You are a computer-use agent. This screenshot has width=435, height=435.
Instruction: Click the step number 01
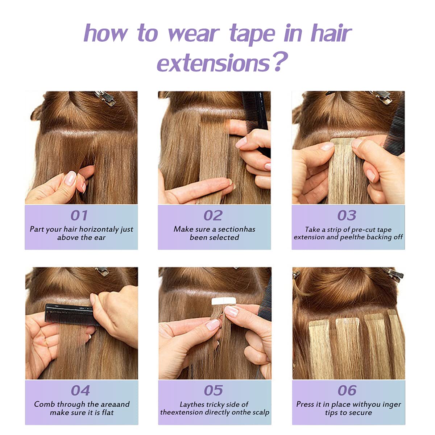(x=79, y=215)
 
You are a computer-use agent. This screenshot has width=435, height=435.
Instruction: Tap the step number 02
(x=213, y=215)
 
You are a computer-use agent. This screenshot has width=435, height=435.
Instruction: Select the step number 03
(x=347, y=215)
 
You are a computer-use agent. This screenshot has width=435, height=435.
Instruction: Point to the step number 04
(x=80, y=390)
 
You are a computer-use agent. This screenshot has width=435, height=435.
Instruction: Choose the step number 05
(x=213, y=390)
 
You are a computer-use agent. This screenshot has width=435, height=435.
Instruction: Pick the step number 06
(x=347, y=390)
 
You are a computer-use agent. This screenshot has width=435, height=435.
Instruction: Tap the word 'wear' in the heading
(x=194, y=33)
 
